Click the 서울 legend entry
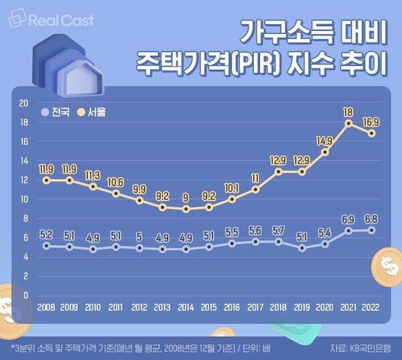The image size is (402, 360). (92, 112)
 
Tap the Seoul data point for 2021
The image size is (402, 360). (348, 123)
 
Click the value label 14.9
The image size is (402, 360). (325, 140)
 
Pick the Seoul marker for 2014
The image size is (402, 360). (186, 209)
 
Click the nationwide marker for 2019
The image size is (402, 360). (302, 248)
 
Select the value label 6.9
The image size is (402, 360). (348, 219)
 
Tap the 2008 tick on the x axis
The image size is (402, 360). (46, 308)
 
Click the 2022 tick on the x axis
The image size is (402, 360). (372, 308)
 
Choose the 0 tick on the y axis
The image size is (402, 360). (25, 295)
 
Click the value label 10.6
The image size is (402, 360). (116, 182)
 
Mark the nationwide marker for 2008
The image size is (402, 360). (46, 246)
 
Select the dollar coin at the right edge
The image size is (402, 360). (388, 266)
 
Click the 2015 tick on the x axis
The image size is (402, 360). (209, 308)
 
